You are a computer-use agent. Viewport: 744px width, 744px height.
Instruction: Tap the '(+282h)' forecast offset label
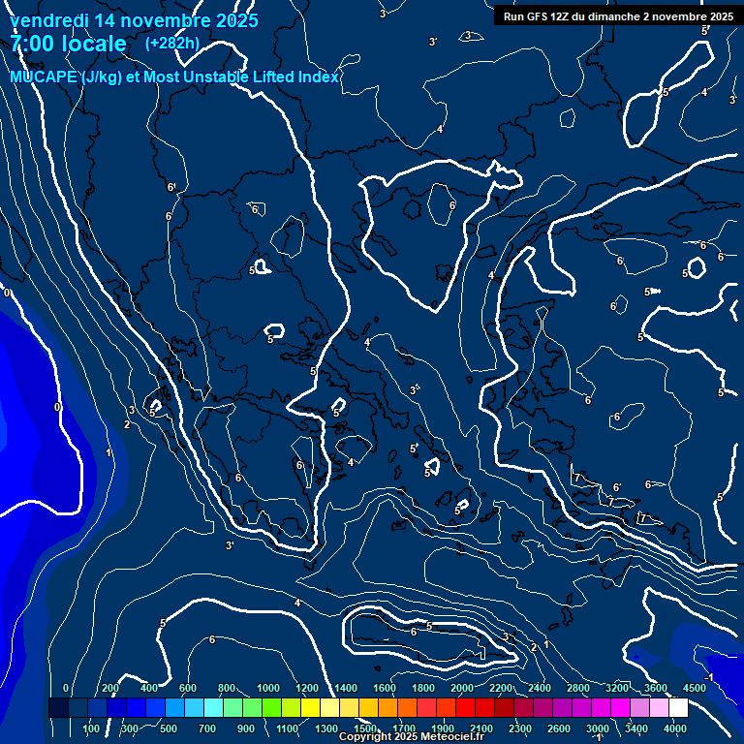(x=172, y=43)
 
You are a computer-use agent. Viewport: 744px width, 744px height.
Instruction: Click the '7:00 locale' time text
(x=68, y=44)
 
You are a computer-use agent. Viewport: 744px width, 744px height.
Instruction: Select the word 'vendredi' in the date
(x=47, y=20)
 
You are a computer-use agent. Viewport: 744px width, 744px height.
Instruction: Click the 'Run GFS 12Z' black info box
(x=615, y=15)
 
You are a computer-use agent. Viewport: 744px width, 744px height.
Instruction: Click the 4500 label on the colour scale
(x=695, y=688)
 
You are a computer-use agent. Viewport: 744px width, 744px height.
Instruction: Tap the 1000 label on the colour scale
(x=268, y=688)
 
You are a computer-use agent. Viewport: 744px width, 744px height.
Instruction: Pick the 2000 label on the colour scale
(x=462, y=688)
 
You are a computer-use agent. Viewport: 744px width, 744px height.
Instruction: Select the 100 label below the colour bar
(x=91, y=728)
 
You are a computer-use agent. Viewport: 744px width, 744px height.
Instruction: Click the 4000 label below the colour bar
(x=675, y=728)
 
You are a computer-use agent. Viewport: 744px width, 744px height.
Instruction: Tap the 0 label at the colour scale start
(x=66, y=688)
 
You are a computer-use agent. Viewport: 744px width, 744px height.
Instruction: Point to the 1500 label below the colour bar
(x=365, y=728)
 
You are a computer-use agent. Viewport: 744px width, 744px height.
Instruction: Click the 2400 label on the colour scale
(x=540, y=688)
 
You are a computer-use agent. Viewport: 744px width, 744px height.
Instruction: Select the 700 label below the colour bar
(x=207, y=728)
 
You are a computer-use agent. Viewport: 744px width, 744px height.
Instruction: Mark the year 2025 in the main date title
(x=236, y=20)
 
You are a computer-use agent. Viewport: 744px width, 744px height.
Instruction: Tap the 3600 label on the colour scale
(x=656, y=688)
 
